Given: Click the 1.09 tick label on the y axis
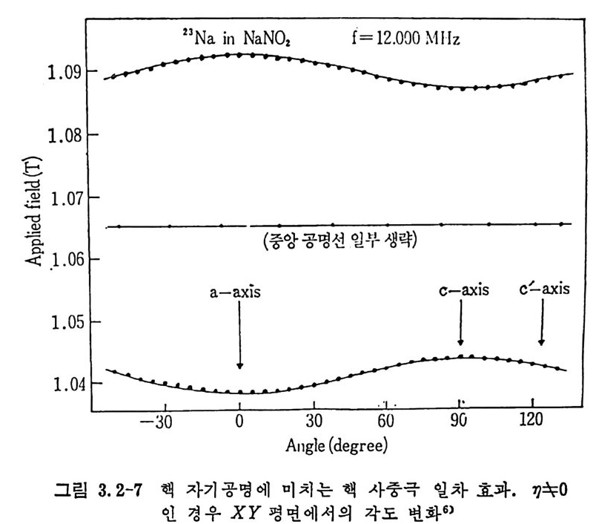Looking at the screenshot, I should [x=56, y=73].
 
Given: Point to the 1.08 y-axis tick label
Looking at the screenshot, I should [x=56, y=136].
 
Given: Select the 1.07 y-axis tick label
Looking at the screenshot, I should [x=56, y=198].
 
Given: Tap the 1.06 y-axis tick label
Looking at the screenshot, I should [x=56, y=261].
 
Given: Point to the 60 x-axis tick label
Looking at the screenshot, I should [x=385, y=421].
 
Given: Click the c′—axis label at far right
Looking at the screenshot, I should [x=544, y=289].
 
